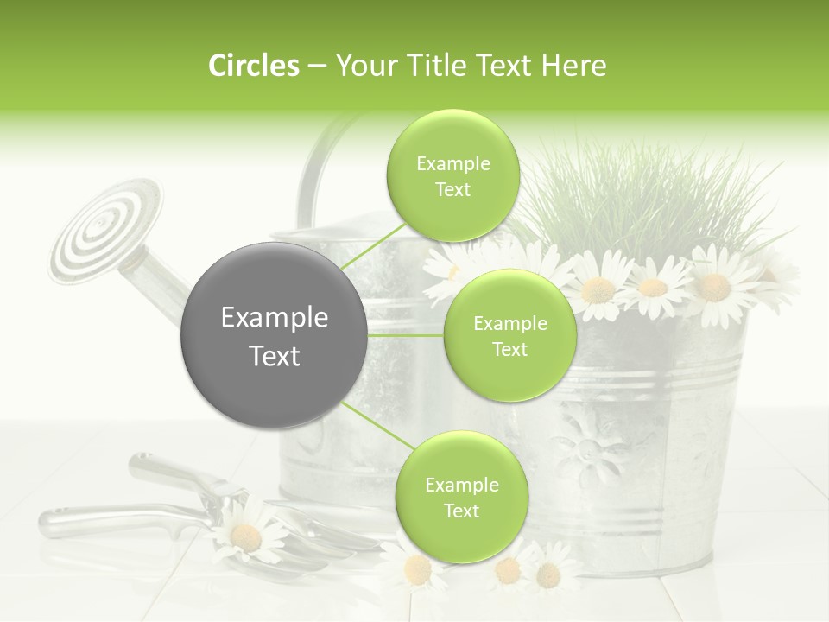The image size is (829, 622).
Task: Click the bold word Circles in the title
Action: [x=253, y=66]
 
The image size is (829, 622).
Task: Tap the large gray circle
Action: [x=274, y=335]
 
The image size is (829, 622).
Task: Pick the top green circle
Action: [x=452, y=176]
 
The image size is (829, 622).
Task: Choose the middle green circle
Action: [x=509, y=335]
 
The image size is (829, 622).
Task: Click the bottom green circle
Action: [x=461, y=497]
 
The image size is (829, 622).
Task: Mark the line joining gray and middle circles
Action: [x=406, y=335]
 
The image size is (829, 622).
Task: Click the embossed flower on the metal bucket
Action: [x=592, y=449]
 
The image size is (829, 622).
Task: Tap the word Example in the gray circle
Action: [x=274, y=318]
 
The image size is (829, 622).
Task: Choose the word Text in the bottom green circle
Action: [x=461, y=511]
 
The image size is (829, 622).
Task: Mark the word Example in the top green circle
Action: [x=452, y=164]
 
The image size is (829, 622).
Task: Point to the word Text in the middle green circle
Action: [x=509, y=349]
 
